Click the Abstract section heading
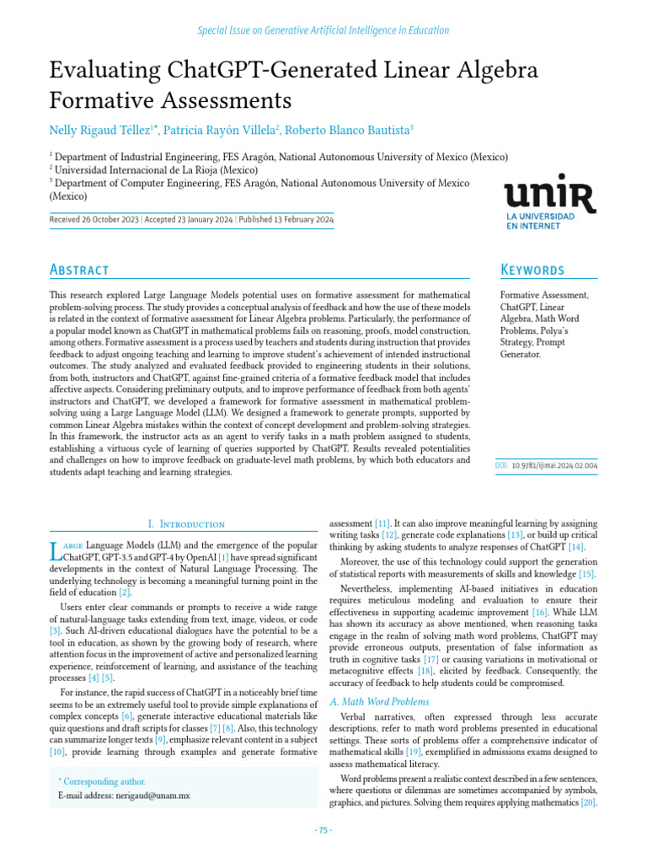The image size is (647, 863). pos(79,270)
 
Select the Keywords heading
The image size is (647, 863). pos(532,270)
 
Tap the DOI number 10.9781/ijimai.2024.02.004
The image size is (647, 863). pos(555,464)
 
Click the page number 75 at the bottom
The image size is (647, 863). pos(323,830)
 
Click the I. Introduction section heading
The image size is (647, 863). pos(186,523)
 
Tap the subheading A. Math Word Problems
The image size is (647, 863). pos(379,701)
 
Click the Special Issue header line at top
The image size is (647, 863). pos(323,30)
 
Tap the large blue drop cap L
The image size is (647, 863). pos(56,551)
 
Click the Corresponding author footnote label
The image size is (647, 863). pos(101,781)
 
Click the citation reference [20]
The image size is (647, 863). pos(588,802)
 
